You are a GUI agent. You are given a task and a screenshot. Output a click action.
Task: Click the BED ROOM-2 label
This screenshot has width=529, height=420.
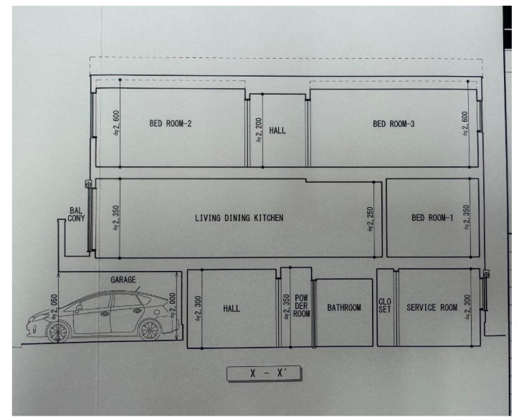coord(171,123)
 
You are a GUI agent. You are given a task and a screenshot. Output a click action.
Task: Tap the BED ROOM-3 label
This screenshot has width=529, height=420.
coord(394,124)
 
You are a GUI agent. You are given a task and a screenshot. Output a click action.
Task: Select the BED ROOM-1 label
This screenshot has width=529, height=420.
coord(432,218)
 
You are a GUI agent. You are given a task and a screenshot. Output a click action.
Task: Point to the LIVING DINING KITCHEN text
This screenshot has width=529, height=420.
coord(239,218)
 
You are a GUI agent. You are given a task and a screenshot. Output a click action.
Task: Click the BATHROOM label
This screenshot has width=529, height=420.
coord(344,307)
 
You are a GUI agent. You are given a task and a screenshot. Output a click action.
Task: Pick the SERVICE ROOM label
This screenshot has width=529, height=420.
coord(432,307)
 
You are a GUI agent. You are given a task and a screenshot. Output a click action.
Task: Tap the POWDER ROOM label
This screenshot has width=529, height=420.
coord(301,306)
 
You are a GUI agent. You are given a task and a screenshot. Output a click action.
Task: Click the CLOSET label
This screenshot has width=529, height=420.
coord(385,305)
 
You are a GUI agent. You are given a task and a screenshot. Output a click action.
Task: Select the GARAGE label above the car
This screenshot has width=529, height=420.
coord(123,280)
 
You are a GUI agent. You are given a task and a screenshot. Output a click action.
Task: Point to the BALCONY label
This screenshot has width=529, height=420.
coord(76,214)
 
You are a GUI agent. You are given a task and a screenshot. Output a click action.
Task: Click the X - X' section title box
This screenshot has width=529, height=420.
coord(264,373)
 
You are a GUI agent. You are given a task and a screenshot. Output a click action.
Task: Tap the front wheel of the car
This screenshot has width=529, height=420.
coord(58,331)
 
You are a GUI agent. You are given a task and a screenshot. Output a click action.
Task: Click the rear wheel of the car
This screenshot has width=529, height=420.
coord(150,329)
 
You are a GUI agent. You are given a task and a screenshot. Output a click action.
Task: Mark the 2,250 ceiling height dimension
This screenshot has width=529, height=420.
coord(371,219)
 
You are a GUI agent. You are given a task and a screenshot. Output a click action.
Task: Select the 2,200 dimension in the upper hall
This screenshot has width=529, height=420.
coord(259,130)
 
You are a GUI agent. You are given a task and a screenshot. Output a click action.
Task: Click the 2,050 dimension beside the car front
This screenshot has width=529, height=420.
coord(54,307)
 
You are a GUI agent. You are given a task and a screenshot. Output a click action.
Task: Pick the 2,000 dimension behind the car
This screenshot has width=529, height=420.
coord(173,305)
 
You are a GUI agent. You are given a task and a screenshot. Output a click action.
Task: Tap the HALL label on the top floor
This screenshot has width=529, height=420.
coord(277,130)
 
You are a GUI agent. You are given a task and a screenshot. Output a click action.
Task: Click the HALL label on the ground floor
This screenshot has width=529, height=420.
coord(232,308)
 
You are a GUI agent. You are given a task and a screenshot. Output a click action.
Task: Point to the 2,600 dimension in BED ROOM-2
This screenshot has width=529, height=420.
coord(116,123)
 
